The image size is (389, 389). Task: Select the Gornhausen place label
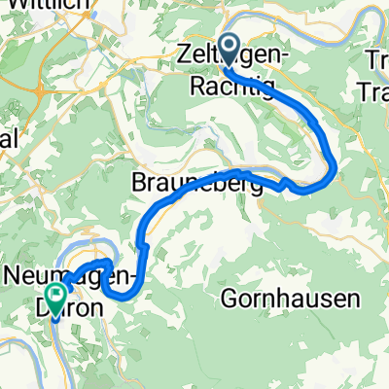click(x=277, y=296)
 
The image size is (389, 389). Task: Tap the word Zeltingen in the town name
click(x=243, y=53)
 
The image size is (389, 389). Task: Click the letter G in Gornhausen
click(x=230, y=296)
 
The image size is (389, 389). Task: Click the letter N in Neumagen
click(x=14, y=276)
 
